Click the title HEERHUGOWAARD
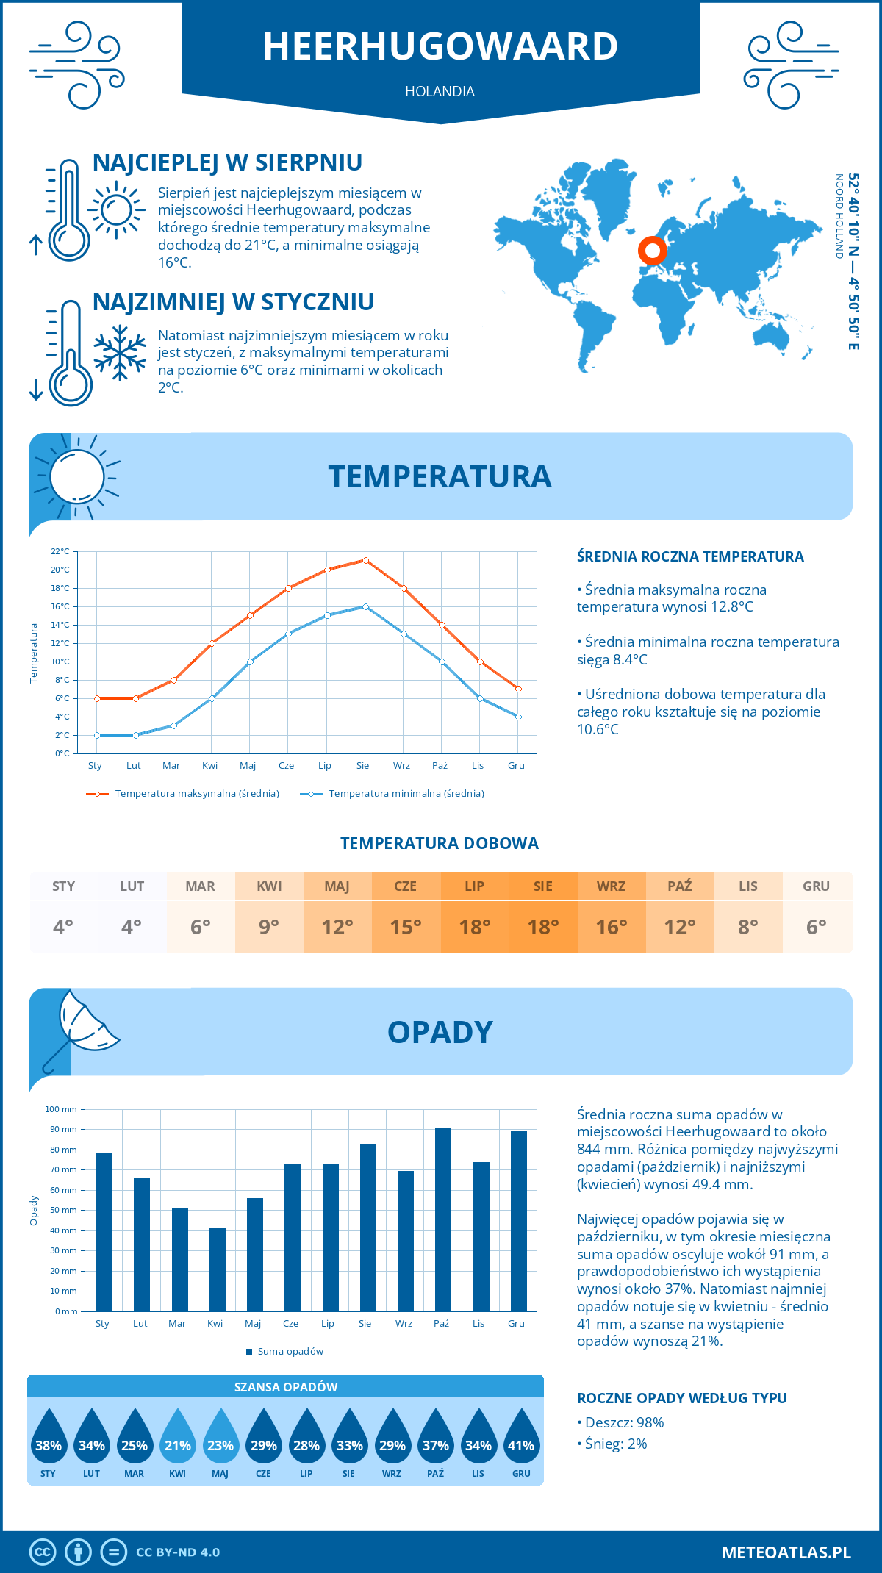click(x=440, y=46)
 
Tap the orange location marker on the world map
click(x=652, y=250)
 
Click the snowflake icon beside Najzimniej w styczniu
click(x=120, y=354)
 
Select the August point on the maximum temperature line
click(x=365, y=560)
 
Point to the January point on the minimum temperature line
click(x=97, y=735)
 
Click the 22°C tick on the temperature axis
click(x=60, y=551)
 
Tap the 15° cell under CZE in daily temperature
click(x=406, y=927)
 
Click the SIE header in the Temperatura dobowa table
click(x=542, y=886)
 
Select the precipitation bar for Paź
click(x=442, y=1220)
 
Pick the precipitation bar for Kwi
click(x=217, y=1269)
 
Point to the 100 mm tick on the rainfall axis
click(x=61, y=1109)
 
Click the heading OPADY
click(x=440, y=1032)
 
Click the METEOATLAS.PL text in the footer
click(x=786, y=1552)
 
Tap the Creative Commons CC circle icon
click(x=43, y=1552)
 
